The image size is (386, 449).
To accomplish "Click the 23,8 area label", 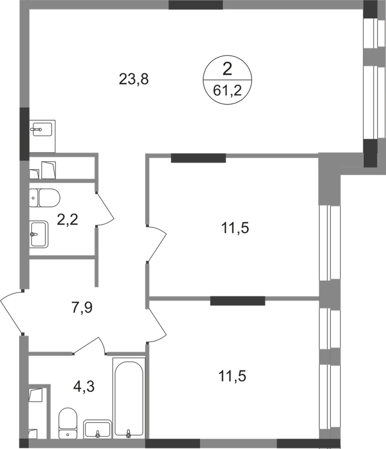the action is [x=133, y=79].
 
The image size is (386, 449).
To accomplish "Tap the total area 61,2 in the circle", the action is [x=227, y=91].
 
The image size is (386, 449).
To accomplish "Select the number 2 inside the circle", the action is [x=227, y=70].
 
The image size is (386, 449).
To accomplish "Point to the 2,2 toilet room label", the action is [x=67, y=220].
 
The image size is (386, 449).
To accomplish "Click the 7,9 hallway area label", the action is [x=81, y=307].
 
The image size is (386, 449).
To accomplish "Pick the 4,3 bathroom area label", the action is [x=84, y=387].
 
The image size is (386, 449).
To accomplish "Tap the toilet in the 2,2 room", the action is [x=45, y=198].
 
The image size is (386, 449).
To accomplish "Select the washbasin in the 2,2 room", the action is [x=39, y=234].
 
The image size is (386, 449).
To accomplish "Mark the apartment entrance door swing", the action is [x=12, y=312].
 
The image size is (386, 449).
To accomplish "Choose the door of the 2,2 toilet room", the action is [x=105, y=209].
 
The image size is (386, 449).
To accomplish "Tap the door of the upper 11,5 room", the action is [x=157, y=244].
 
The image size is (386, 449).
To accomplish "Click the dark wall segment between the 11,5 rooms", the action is [x=237, y=300].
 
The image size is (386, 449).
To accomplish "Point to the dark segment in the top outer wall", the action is [x=196, y=5].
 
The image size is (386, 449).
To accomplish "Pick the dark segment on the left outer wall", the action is [x=24, y=134].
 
